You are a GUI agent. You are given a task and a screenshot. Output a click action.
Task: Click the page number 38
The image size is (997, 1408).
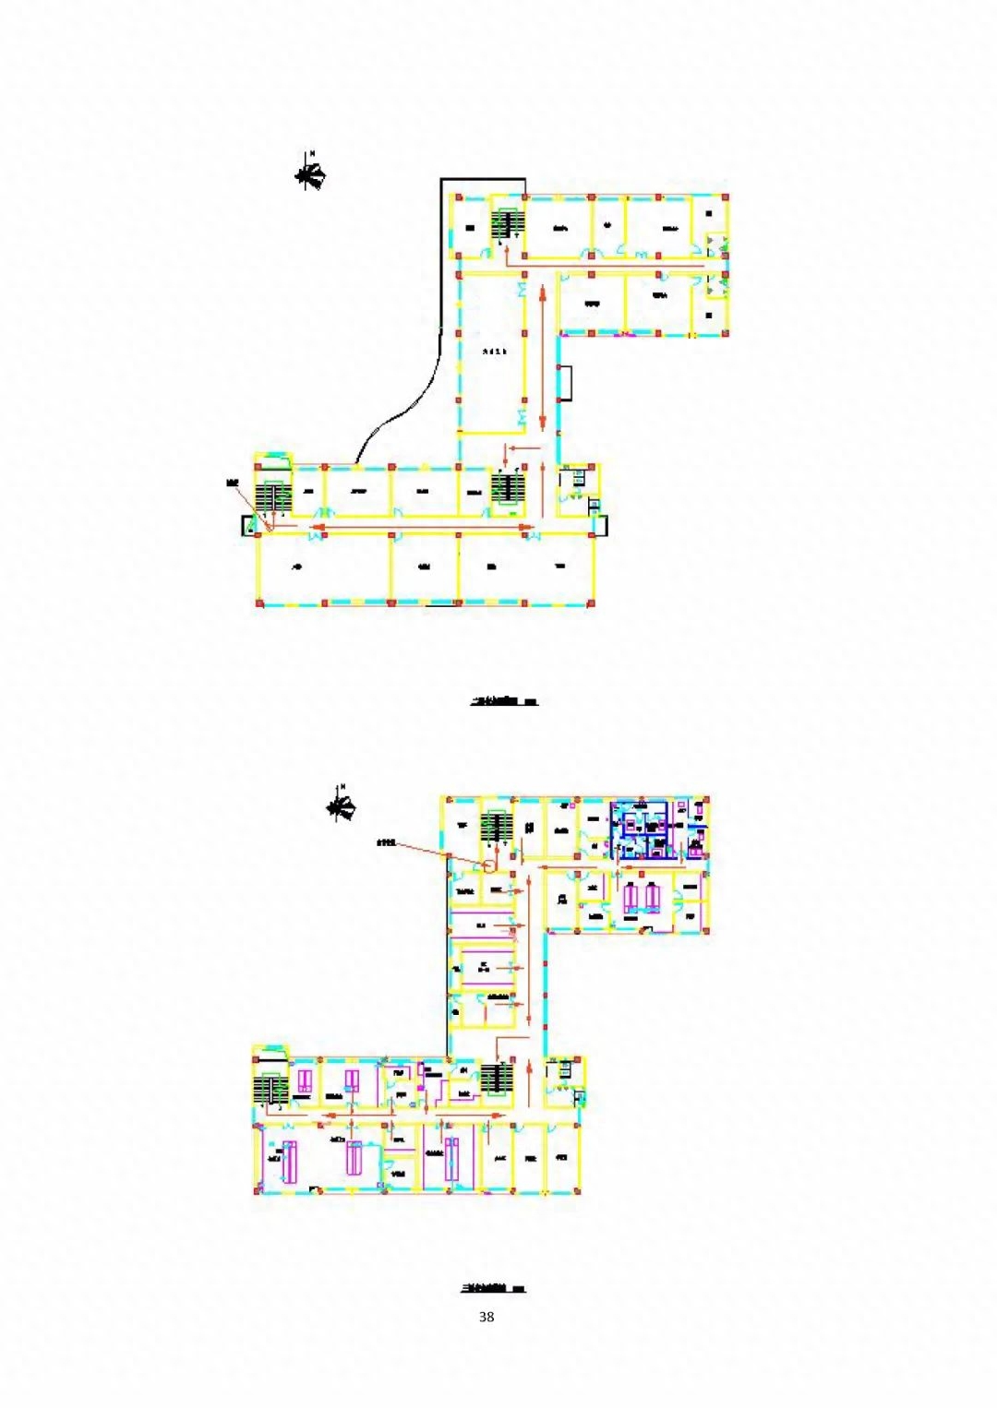pyautogui.click(x=486, y=1317)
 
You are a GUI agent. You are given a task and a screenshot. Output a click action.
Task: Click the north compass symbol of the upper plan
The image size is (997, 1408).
pyautogui.click(x=311, y=173)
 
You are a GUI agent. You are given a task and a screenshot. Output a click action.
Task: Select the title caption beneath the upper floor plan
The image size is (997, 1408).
pyautogui.click(x=504, y=701)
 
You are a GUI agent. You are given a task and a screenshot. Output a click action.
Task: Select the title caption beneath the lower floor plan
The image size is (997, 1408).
pyautogui.click(x=494, y=1288)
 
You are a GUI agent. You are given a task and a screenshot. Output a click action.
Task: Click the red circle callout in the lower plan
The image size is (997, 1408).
pyautogui.click(x=488, y=865)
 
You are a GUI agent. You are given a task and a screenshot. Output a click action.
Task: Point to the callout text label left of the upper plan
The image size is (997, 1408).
pyautogui.click(x=232, y=483)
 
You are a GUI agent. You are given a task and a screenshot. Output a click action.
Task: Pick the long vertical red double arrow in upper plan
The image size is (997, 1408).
pyautogui.click(x=543, y=355)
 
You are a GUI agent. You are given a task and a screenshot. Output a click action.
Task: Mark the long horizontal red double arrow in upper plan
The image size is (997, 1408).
pyautogui.click(x=423, y=529)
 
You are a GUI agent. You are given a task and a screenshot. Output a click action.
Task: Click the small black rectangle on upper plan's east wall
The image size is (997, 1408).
pyautogui.click(x=566, y=383)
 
